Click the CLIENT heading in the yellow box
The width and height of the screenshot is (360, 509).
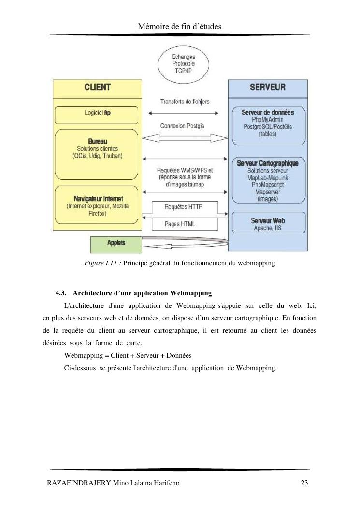coord(98,87)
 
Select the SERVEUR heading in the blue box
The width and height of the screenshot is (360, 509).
coord(267,87)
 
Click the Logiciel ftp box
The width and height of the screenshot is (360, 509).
coord(97,113)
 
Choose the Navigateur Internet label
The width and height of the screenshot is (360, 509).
coord(98,199)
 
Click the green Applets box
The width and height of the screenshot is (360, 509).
coord(116,243)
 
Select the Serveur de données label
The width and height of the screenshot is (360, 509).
coord(267,112)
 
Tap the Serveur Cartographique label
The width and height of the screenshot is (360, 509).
coord(267,163)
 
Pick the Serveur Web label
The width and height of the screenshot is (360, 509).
coord(267,221)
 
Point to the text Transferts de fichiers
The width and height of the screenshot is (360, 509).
coord(185,102)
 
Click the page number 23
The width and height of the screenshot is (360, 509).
coord(304,483)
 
